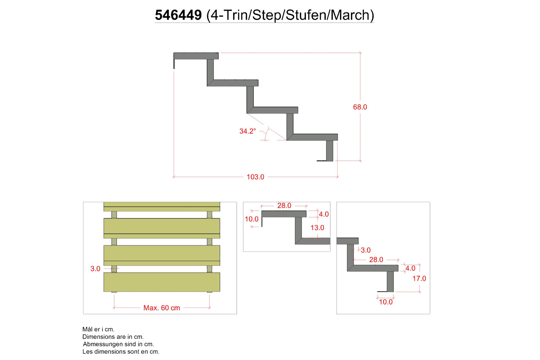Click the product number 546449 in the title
(178, 15)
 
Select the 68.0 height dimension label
(360, 107)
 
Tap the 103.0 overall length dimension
(255, 177)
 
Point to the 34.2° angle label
(248, 131)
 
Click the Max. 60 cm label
(162, 308)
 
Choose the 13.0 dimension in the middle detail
(317, 228)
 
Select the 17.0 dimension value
(419, 279)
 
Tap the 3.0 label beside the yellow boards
(95, 269)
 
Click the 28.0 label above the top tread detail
(284, 206)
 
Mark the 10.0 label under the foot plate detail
(386, 302)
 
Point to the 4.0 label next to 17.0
(410, 268)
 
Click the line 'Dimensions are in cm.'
(113, 337)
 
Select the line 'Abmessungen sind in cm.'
(118, 344)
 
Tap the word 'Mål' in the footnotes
(88, 329)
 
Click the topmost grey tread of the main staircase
(196, 56)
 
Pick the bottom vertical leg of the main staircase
(329, 151)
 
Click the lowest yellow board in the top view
(162, 282)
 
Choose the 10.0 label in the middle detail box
(251, 219)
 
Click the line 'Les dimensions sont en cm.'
(121, 352)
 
